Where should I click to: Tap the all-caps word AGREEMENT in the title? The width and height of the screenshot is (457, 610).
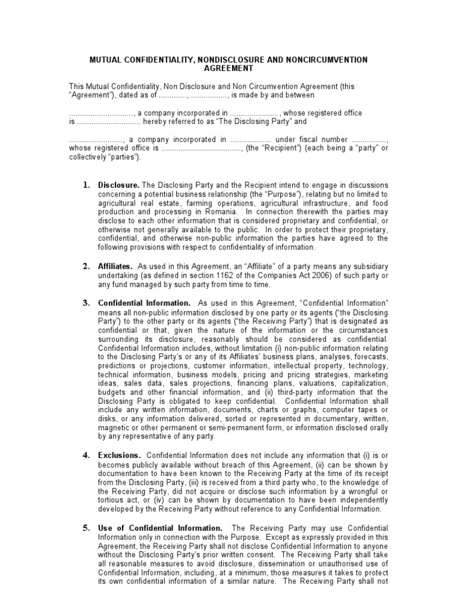coord(228,69)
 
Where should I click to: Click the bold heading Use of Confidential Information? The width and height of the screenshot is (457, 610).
coord(160,528)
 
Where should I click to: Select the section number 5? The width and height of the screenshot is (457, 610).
coord(86,528)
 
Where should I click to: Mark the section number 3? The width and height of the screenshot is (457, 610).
coord(86,303)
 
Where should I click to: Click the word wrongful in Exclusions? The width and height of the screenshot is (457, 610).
coord(356,491)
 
